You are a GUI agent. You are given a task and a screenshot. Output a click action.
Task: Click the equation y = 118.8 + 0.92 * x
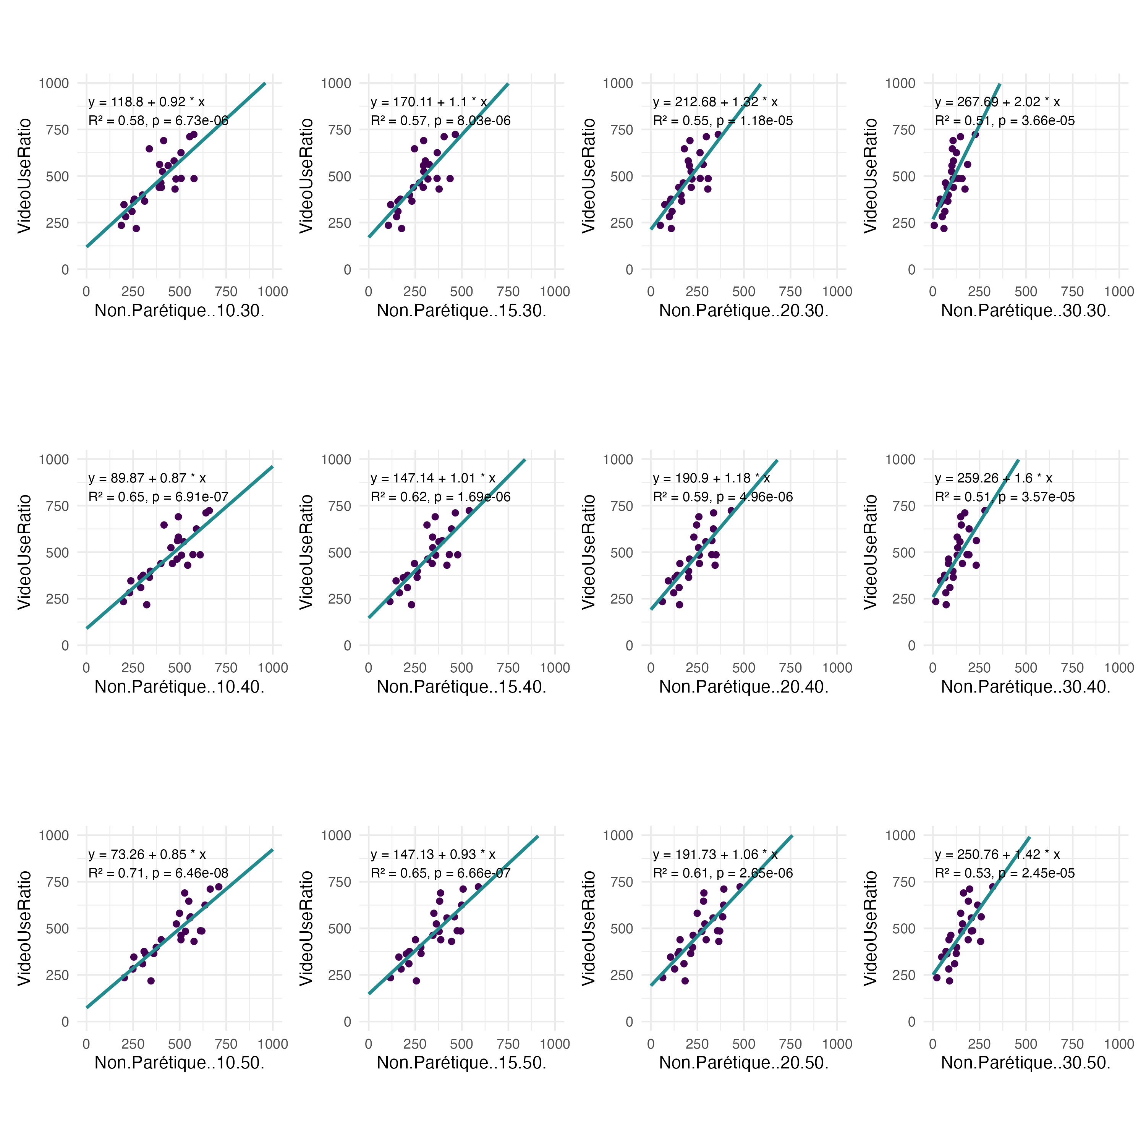tap(147, 102)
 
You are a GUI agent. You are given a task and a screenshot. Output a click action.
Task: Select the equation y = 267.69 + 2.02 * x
tap(997, 102)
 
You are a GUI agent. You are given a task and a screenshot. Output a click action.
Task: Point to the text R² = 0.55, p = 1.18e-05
tap(722, 121)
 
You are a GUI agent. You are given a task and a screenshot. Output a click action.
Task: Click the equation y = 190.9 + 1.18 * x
tap(711, 478)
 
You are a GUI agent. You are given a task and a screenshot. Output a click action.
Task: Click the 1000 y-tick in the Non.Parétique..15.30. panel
tap(336, 83)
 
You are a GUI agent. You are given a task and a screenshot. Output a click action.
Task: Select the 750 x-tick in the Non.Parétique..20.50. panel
tap(790, 1044)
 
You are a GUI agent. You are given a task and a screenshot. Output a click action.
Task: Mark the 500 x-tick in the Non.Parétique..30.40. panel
tap(1026, 668)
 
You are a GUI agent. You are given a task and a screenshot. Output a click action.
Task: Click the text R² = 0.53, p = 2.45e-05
tap(1005, 873)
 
